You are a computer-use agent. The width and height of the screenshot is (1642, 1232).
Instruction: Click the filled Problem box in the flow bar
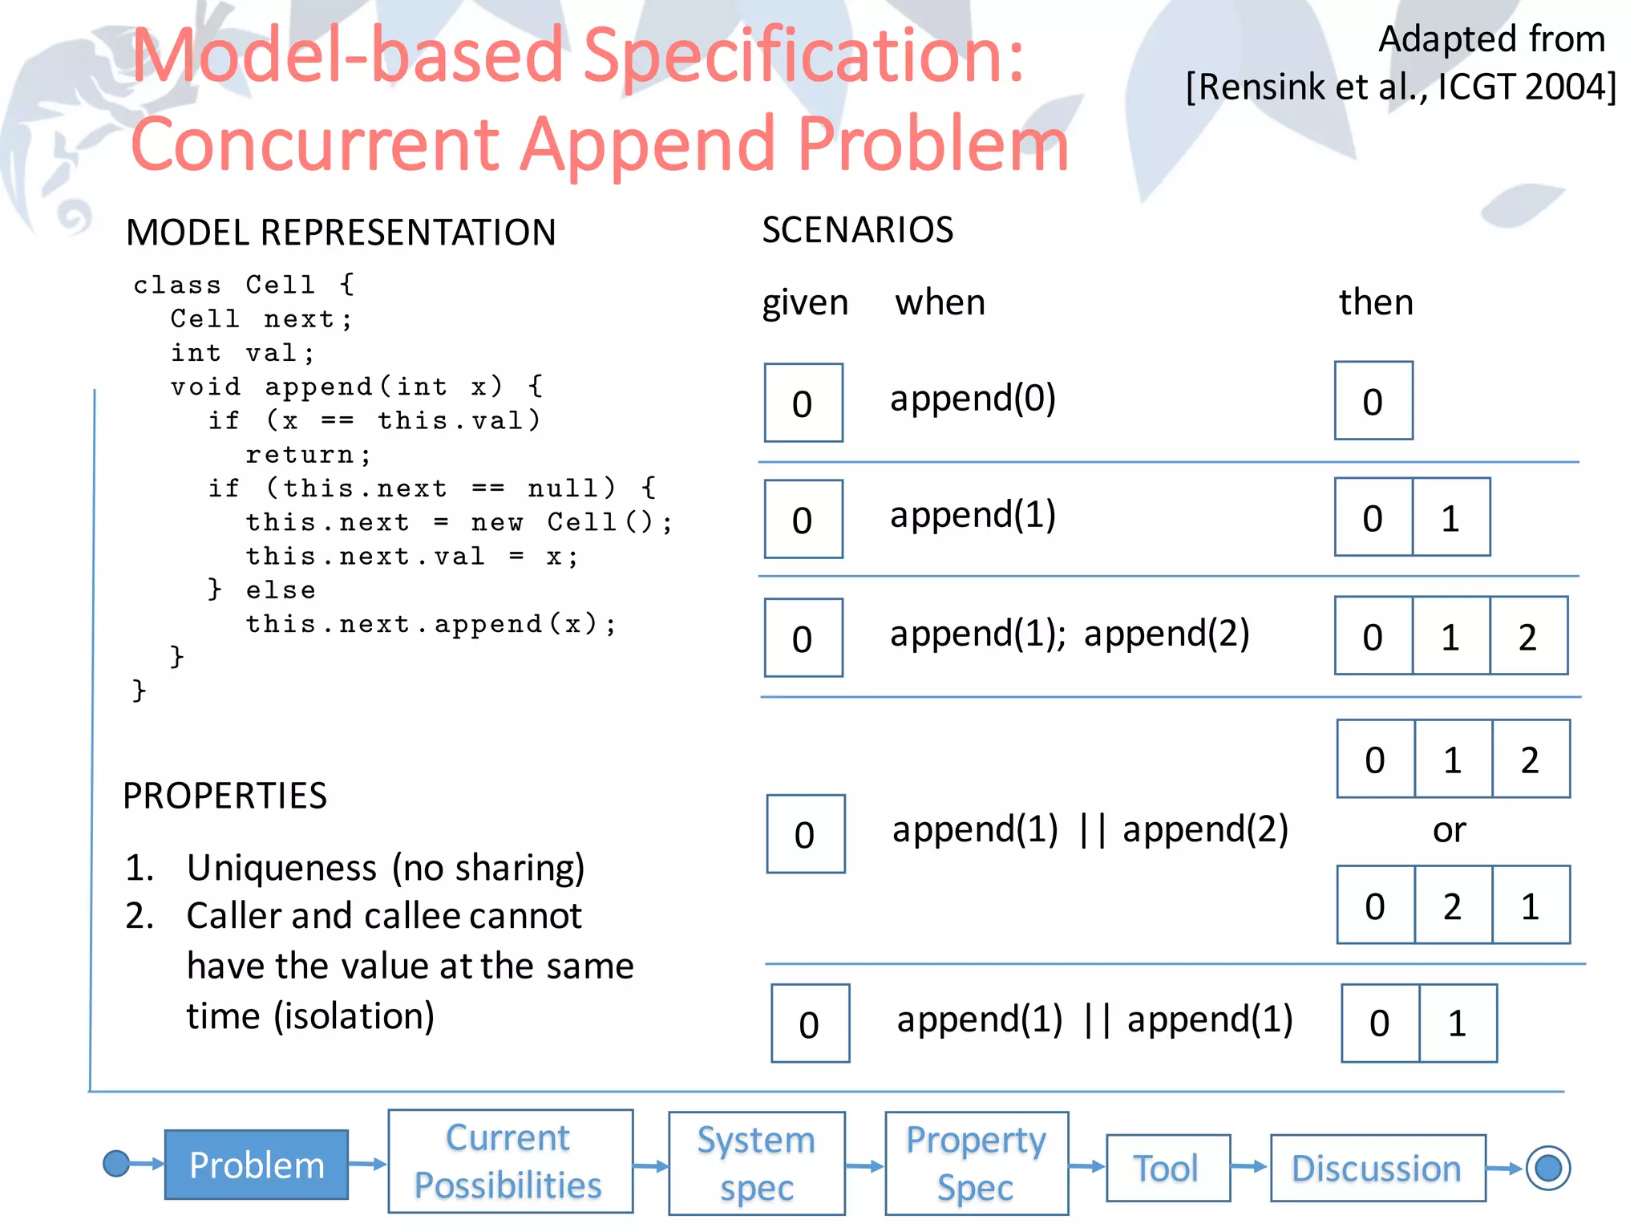pos(257,1165)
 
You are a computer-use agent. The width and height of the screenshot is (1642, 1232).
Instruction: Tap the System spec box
pos(756,1163)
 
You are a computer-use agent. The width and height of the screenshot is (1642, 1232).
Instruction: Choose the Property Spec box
pos(976,1163)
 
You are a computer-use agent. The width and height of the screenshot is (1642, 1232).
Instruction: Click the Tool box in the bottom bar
pos(1167,1168)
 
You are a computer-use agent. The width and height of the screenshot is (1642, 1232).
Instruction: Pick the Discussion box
pos(1377,1168)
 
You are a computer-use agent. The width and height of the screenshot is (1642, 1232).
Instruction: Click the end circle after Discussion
pos(1547,1168)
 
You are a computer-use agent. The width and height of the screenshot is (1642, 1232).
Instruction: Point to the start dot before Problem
pos(117,1163)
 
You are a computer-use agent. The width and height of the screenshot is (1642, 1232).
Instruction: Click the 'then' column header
pos(1376,302)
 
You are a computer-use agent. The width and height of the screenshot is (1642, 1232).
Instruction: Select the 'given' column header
pos(804,303)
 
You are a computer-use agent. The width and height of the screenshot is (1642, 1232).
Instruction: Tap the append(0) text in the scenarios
pos(973,399)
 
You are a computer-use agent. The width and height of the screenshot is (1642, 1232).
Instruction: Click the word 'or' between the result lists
pos(1450,830)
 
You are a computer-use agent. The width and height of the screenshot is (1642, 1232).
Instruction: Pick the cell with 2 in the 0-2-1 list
pos(1452,906)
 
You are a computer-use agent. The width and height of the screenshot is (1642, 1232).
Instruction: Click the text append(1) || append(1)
pos(1094,1020)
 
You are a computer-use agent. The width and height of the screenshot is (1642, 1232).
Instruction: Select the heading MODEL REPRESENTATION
pos(341,233)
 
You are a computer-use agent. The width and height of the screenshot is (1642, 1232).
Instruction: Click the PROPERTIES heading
pos(224,796)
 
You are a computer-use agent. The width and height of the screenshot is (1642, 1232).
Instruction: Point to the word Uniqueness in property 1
pos(281,868)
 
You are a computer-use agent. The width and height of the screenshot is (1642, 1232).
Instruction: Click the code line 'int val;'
pos(242,353)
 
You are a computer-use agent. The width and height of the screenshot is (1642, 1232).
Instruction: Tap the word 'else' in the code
pos(281,590)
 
